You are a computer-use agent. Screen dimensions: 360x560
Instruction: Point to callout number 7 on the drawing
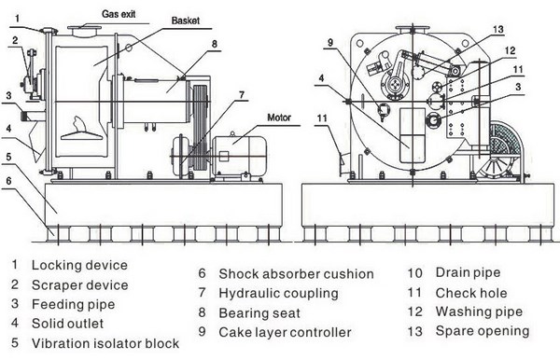click(241, 93)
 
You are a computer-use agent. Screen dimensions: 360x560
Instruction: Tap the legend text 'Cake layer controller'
click(285, 332)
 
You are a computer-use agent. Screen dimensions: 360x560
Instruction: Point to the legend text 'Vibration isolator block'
click(105, 343)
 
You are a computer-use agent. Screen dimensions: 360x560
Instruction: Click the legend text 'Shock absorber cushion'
click(296, 274)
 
